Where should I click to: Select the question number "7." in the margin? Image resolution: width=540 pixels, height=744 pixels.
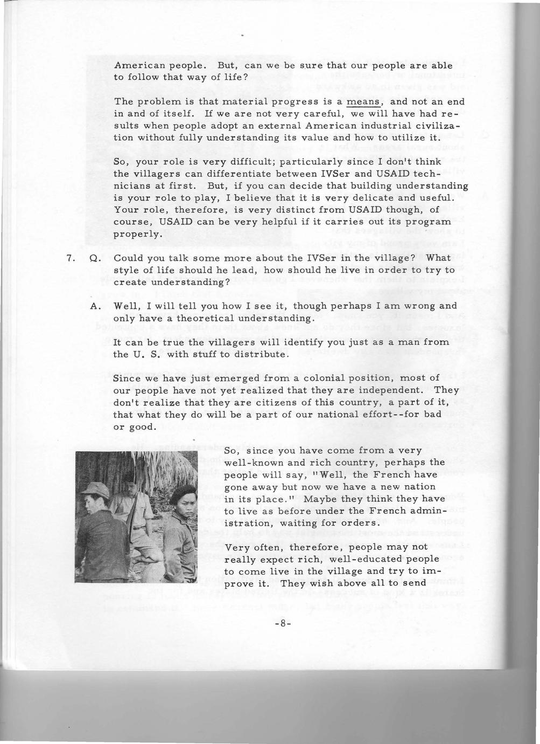pyautogui.click(x=70, y=258)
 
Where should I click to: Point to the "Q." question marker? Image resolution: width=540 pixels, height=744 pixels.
pyautogui.click(x=95, y=258)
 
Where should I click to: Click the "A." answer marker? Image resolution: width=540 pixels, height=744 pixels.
pyautogui.click(x=95, y=306)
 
